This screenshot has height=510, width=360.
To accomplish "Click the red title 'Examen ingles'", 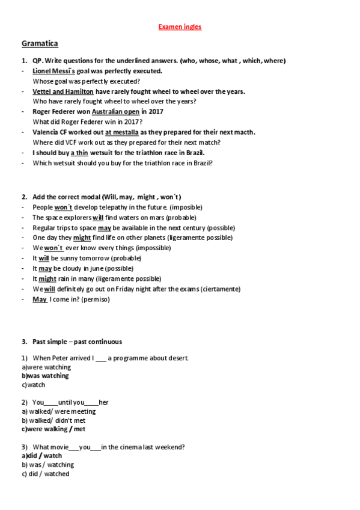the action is pos(180,27).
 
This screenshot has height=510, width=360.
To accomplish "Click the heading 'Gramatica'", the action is pos(40,44).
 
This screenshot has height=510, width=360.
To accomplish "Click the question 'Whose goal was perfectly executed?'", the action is pos(86,81).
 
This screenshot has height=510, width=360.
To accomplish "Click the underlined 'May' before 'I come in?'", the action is pos(40,299).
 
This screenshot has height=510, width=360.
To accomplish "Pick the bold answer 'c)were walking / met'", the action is pos(53,429).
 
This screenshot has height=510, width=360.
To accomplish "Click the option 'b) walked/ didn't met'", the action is pos(53,420).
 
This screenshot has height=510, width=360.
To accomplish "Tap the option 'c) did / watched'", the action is pos(45,474).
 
